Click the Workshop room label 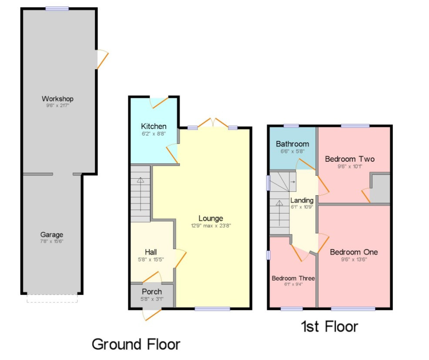tap(57, 99)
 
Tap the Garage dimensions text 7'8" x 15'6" tap(52, 241)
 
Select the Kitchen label tap(154, 126)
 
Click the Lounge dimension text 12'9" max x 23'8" tap(211, 226)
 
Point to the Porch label tap(152, 292)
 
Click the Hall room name tap(151, 252)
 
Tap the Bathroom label tap(292, 144)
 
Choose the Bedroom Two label tap(350, 159)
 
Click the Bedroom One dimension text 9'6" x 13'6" tap(354, 260)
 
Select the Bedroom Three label tap(293, 278)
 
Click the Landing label tap(302, 200)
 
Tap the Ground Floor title tap(136, 344)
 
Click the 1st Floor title tap(329, 327)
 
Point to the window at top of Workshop tap(57, 8)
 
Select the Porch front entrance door tap(152, 314)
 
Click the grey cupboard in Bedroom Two tap(380, 188)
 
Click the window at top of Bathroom tap(291, 126)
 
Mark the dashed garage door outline tap(52, 299)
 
